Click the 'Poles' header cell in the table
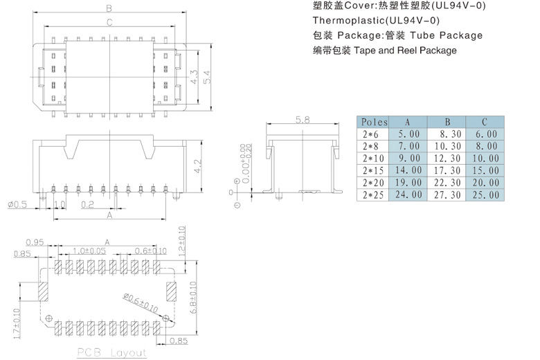[x=375, y=123]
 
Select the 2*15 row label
[x=375, y=170]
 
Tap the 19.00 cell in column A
[x=408, y=183]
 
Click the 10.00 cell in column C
[x=485, y=159]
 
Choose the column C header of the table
[x=485, y=123]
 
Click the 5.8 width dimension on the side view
[x=303, y=120]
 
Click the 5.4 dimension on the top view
[x=206, y=79]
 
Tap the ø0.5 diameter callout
[x=17, y=204]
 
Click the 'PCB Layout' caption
[x=112, y=352]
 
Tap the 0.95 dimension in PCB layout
[x=35, y=242]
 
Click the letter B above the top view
[x=109, y=8]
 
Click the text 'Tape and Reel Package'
[x=405, y=51]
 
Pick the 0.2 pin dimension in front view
[x=87, y=204]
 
